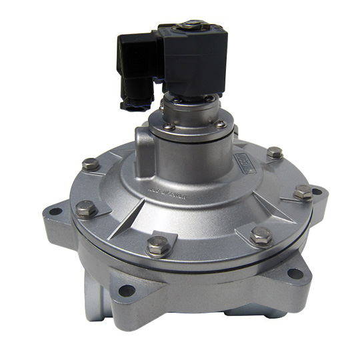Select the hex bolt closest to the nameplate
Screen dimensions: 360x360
(274, 153)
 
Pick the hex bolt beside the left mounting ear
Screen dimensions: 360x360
(86, 209)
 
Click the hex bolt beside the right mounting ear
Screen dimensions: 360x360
(303, 192)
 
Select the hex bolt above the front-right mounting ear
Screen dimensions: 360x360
(261, 235)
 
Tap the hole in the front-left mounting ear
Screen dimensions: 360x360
(125, 290)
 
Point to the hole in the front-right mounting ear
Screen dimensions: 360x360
(293, 273)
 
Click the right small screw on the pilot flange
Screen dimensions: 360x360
(221, 124)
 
